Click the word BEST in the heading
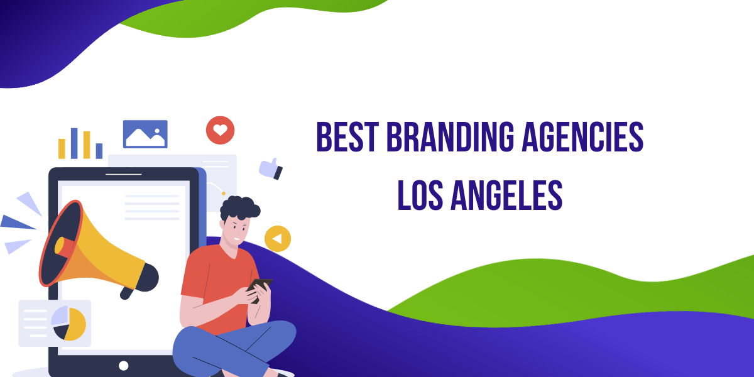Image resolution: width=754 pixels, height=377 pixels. (347, 137)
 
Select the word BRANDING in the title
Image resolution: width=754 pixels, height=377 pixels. (451, 137)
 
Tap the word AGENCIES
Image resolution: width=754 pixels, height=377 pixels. (582, 137)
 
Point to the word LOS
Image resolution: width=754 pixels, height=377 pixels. (420, 195)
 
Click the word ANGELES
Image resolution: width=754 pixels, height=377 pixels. (506, 195)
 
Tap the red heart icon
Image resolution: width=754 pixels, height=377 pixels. (220, 130)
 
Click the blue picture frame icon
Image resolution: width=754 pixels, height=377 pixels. (145, 134)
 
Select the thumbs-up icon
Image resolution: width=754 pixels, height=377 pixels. (271, 168)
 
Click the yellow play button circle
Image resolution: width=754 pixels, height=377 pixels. (278, 239)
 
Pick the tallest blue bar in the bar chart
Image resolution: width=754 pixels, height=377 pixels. (74, 143)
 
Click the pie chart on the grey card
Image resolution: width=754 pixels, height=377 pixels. (68, 323)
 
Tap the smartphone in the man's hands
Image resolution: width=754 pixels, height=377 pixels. (258, 289)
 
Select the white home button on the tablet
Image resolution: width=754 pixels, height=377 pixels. (124, 365)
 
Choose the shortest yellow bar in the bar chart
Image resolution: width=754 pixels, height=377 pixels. (62, 148)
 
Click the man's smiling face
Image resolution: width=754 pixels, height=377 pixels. (238, 231)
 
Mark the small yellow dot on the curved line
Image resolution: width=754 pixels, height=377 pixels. (224, 194)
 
